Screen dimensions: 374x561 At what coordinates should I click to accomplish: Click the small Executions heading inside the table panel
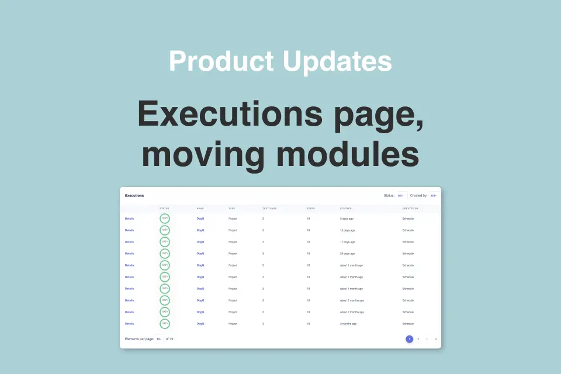click(x=134, y=195)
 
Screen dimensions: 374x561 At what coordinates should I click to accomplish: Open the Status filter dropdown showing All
click(x=401, y=195)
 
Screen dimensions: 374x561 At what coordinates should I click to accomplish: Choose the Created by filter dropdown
click(x=434, y=195)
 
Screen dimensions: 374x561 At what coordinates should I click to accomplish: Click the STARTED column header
click(x=346, y=208)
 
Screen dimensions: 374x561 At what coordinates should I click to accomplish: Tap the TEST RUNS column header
click(x=269, y=208)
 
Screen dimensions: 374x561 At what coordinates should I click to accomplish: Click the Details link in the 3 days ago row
click(x=129, y=219)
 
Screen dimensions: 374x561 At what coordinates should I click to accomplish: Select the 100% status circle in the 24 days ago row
click(x=165, y=254)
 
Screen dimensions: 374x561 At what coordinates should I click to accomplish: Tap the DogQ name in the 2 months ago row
click(x=200, y=324)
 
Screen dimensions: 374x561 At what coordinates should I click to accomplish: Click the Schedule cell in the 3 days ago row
click(x=408, y=219)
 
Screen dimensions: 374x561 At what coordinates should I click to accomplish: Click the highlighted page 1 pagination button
click(x=410, y=339)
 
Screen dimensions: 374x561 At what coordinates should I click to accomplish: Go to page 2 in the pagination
click(x=418, y=339)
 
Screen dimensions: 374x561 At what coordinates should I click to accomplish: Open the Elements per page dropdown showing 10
click(x=159, y=339)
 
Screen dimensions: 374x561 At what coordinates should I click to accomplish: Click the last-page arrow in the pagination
click(x=435, y=339)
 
